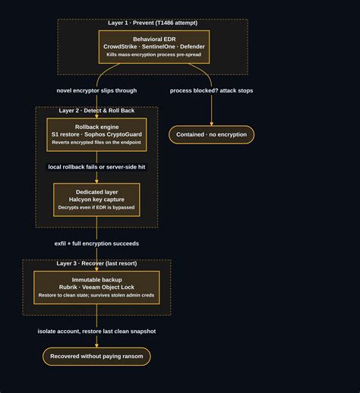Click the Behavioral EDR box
[154, 47]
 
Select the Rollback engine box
[96, 134]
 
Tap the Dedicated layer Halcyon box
[96, 200]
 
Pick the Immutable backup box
[96, 288]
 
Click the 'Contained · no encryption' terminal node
[211, 134]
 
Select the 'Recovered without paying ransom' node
[96, 357]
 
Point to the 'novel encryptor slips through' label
[96, 90]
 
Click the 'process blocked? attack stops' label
[211, 90]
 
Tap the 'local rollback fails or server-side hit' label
[96, 167]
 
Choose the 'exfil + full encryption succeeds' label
[96, 244]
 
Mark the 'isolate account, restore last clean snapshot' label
[96, 332]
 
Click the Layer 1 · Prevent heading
[153, 23]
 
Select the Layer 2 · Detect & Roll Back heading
[96, 111]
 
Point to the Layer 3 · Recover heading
[96, 263]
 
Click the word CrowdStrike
[120, 46]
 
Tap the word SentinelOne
[159, 46]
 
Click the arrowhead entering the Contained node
[211, 124]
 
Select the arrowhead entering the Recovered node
[96, 346]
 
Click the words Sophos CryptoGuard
[113, 134]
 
